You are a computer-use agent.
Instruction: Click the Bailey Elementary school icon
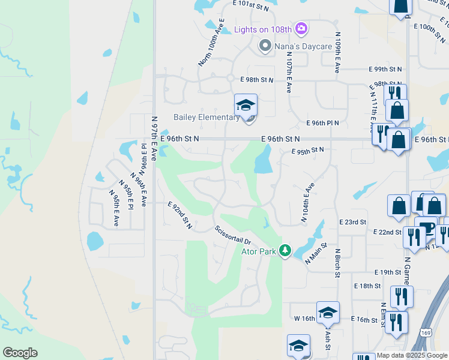tap(246, 105)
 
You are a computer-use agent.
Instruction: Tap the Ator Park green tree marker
tap(285, 251)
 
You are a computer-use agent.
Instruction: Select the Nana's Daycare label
tap(295, 46)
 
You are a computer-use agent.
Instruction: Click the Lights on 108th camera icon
tap(301, 29)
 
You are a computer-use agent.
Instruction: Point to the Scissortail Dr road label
tap(233, 234)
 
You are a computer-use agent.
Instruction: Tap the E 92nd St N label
tap(180, 215)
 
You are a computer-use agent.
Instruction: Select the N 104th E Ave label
tap(308, 203)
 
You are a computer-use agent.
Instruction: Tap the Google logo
tap(20, 352)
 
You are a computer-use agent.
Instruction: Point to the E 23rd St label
tap(352, 222)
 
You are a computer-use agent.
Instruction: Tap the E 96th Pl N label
tap(322, 123)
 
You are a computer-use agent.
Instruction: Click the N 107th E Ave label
tap(289, 71)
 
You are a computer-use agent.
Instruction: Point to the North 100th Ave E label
tap(211, 43)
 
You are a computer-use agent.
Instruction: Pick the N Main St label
tap(316, 254)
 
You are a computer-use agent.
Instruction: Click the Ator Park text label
tap(259, 251)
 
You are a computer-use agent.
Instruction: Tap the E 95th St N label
tap(307, 151)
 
